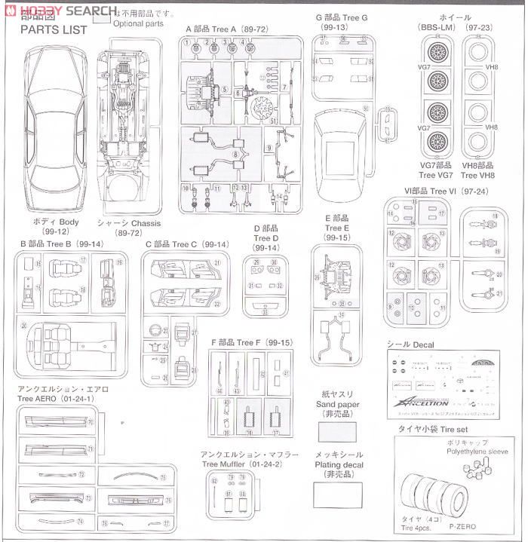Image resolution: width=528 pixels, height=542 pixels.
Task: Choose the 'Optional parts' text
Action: [138, 24]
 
